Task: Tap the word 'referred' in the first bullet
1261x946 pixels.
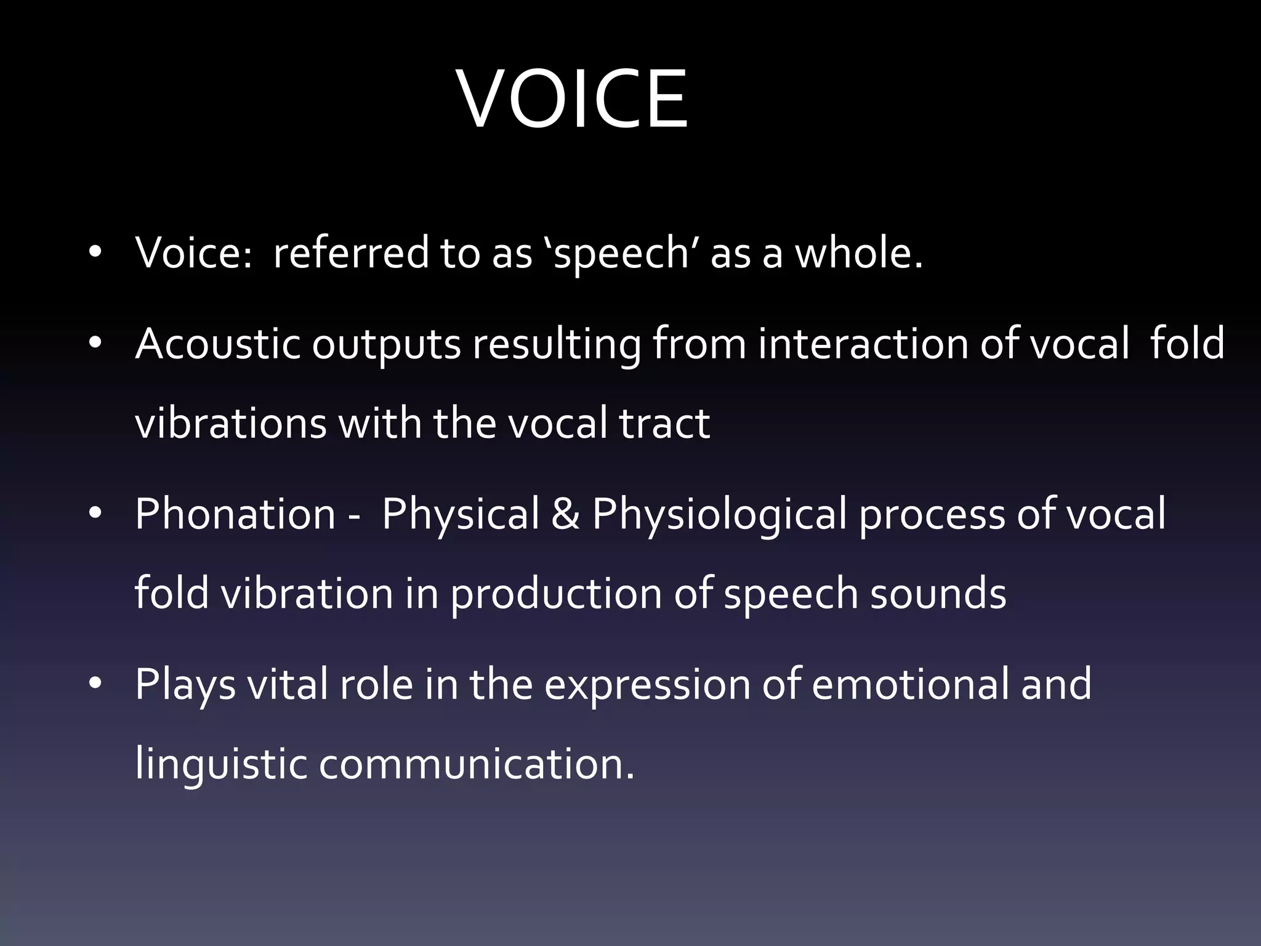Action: [350, 253]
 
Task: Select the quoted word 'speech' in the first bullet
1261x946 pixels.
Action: [621, 254]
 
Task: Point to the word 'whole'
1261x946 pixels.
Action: [853, 253]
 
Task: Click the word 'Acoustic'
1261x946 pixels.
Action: [217, 344]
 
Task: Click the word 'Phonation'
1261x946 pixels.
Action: [235, 514]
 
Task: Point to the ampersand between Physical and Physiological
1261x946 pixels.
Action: [565, 514]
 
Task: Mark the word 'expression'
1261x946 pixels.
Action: [647, 685]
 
